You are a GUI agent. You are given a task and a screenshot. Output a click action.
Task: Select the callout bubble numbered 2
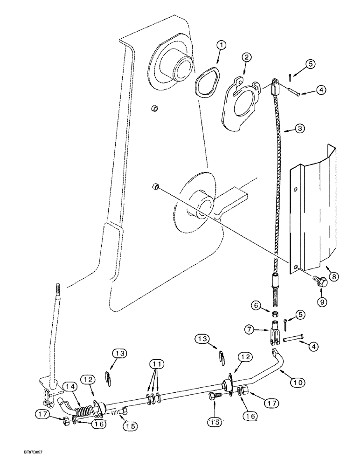click(246, 58)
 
